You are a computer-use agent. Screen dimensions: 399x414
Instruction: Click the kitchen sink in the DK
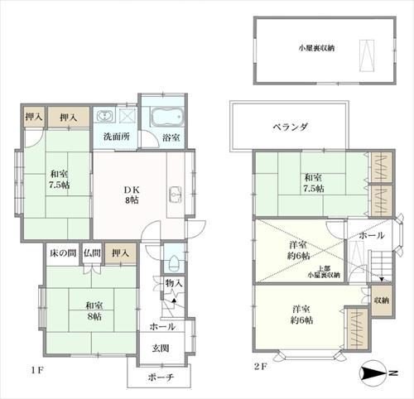click(175, 196)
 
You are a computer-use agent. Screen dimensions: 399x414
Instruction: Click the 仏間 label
click(92, 252)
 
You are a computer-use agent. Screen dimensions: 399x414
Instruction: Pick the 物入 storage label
click(173, 284)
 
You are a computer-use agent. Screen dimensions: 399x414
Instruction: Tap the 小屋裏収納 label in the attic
click(317, 48)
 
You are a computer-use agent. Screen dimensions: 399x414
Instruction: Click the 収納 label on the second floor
click(382, 300)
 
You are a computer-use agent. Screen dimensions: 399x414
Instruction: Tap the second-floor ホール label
click(371, 235)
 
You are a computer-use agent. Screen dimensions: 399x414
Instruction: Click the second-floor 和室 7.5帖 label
click(313, 183)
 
